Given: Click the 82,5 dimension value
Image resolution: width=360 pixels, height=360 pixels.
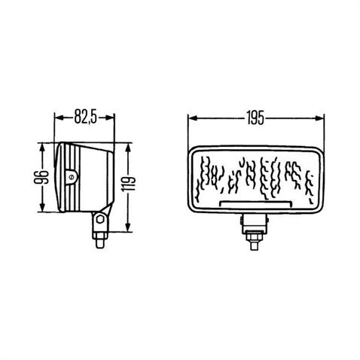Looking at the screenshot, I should point(85,117).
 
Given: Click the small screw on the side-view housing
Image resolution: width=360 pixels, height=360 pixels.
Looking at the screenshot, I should point(70,178).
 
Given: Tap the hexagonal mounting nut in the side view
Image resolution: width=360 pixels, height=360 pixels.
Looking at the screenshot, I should point(98,223).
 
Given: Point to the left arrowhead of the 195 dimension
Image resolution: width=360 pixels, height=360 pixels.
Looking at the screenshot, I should point(191,118).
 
